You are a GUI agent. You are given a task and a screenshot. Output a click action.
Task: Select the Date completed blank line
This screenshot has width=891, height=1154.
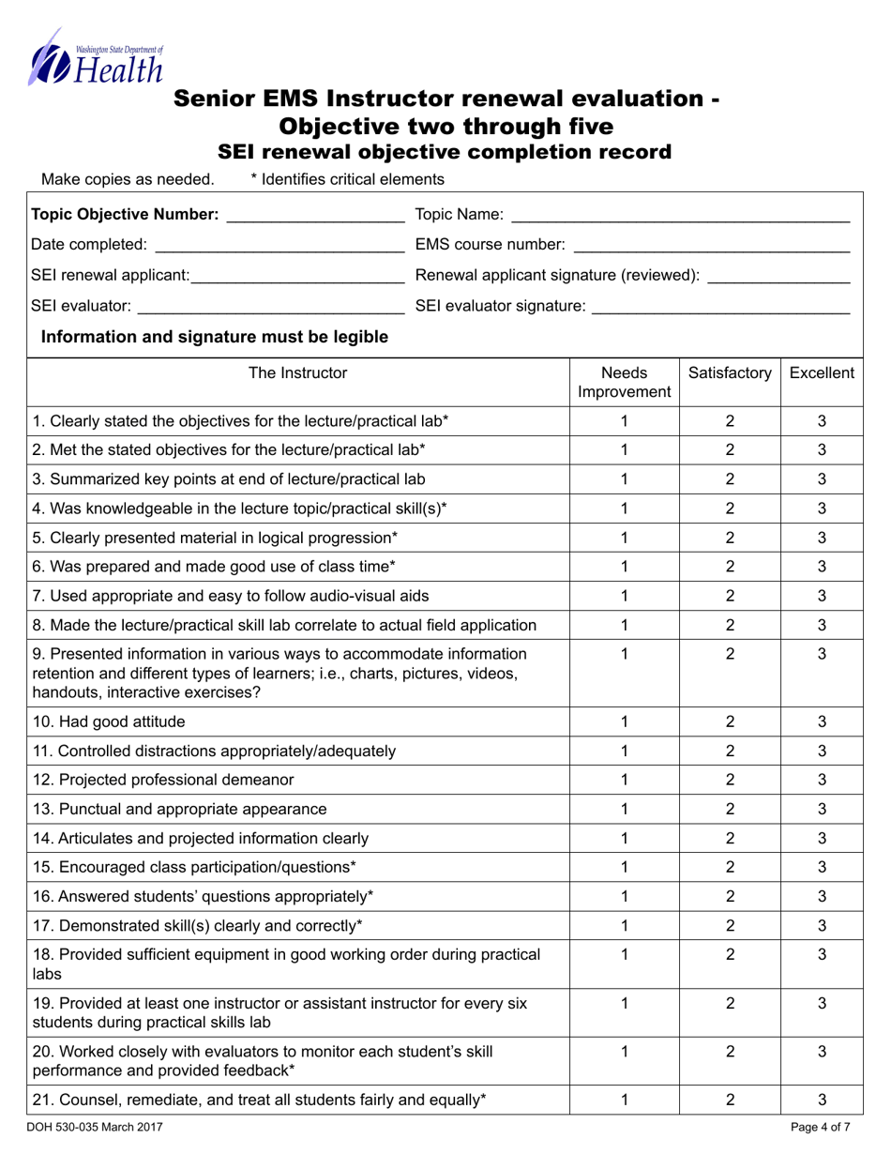278,246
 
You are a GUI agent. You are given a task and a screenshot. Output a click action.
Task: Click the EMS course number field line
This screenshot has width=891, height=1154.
711,246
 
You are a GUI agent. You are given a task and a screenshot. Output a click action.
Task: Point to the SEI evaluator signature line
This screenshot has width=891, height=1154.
720,305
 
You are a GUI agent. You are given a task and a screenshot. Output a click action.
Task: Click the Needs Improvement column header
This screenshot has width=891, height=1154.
624,382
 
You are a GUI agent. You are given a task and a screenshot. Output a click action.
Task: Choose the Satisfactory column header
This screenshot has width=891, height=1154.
730,373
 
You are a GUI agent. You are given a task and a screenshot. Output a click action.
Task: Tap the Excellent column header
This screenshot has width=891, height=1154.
822,373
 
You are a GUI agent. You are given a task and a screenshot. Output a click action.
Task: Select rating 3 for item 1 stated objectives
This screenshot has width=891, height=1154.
822,421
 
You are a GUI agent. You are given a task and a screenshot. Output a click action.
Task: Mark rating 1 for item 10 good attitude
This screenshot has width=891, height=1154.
624,721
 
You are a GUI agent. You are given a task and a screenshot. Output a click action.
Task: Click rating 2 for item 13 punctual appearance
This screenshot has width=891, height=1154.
730,809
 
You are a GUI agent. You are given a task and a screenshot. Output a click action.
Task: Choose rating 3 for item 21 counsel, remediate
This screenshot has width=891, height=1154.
822,1098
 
